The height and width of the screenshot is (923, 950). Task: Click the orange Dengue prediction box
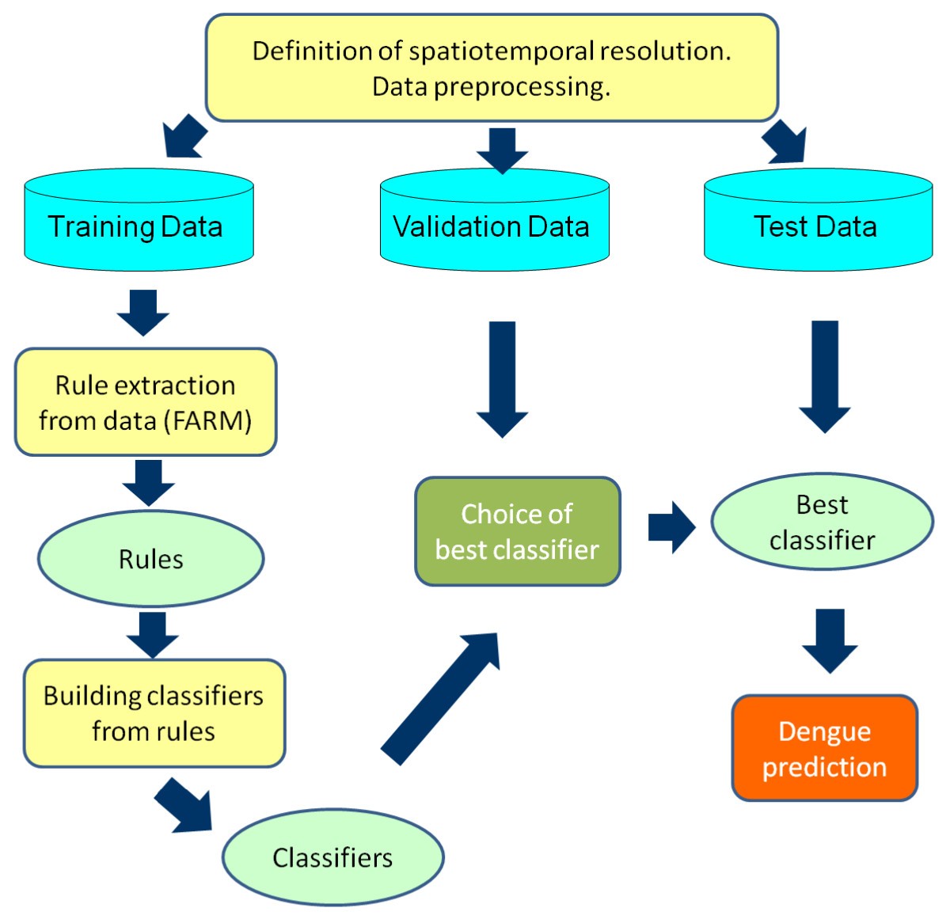point(824,749)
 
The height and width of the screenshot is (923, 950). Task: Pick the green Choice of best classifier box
point(518,531)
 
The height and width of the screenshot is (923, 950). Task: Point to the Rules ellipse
point(150,559)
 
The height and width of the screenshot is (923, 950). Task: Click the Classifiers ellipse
point(332,857)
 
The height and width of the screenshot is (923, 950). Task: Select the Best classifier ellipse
point(822,522)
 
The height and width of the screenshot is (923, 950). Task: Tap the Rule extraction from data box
point(146,402)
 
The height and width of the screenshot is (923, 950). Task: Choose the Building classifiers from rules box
point(154,713)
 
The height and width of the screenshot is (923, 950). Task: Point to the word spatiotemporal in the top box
point(501,51)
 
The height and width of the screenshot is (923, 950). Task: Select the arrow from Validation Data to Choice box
point(502,378)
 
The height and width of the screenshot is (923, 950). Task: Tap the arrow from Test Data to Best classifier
point(824,375)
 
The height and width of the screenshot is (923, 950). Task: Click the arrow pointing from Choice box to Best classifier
point(670,526)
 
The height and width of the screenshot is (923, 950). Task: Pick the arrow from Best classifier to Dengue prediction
point(830,640)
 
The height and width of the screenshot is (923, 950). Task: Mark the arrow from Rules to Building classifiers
point(153,633)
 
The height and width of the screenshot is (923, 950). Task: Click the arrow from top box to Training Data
point(184,137)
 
